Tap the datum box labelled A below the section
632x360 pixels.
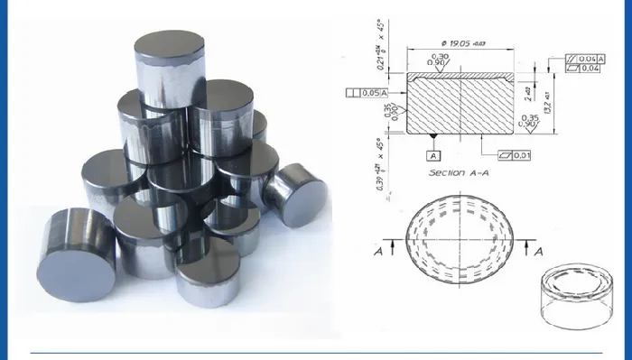pos(433,154)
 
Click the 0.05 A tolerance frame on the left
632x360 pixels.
pos(367,92)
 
